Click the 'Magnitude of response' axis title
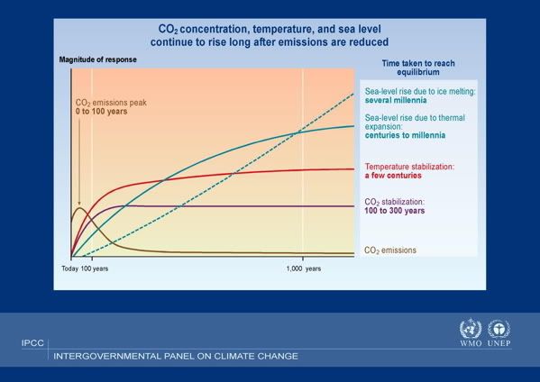point(97,59)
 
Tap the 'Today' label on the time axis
point(70,268)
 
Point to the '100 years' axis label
point(95,268)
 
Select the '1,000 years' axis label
point(304,268)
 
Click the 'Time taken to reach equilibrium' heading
point(418,68)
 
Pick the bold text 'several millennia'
point(396,100)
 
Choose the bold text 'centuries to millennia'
point(405,135)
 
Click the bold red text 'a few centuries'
point(393,176)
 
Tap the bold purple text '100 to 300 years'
point(395,211)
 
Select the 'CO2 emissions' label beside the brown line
point(390,250)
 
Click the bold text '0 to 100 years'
point(101,112)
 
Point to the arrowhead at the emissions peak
point(79,204)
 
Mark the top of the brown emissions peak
point(79,207)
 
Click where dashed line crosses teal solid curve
point(297,132)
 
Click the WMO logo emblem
point(471,329)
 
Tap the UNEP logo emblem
point(499,329)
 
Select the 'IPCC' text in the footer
point(32,343)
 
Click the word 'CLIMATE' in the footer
point(234,356)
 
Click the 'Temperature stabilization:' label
point(409,167)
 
